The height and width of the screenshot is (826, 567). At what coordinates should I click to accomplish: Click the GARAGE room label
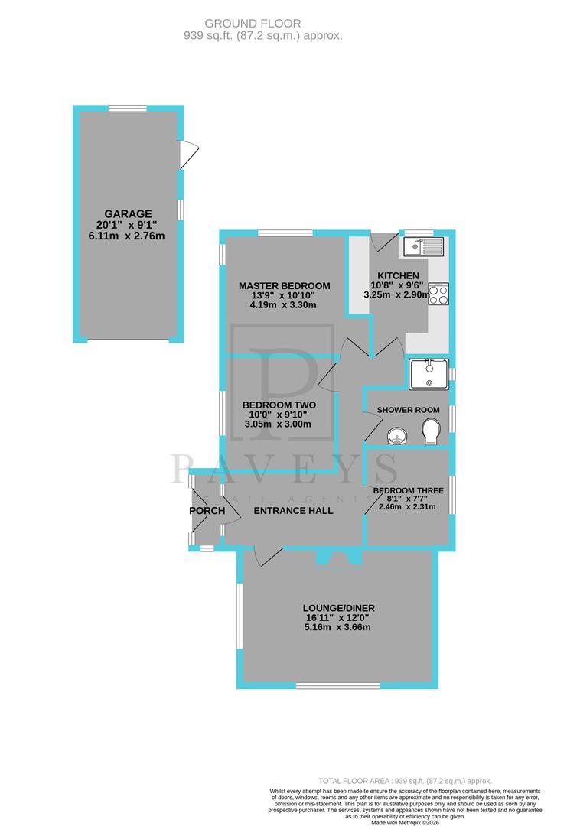point(129,213)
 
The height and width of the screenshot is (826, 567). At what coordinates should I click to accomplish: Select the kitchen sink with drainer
point(421,246)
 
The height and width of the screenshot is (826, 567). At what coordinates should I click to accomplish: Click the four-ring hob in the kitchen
point(438,294)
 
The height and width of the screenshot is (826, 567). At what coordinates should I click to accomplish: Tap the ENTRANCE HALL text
point(293,510)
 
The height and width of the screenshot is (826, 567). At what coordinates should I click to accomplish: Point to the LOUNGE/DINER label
point(338,609)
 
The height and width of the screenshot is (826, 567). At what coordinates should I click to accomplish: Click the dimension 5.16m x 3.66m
point(338,627)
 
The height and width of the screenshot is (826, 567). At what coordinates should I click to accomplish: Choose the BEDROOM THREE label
point(409,490)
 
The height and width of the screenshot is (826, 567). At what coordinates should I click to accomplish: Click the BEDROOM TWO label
point(279,405)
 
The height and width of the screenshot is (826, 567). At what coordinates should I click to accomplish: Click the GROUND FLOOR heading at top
point(263,24)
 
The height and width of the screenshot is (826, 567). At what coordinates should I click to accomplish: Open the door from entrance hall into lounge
point(268,558)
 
